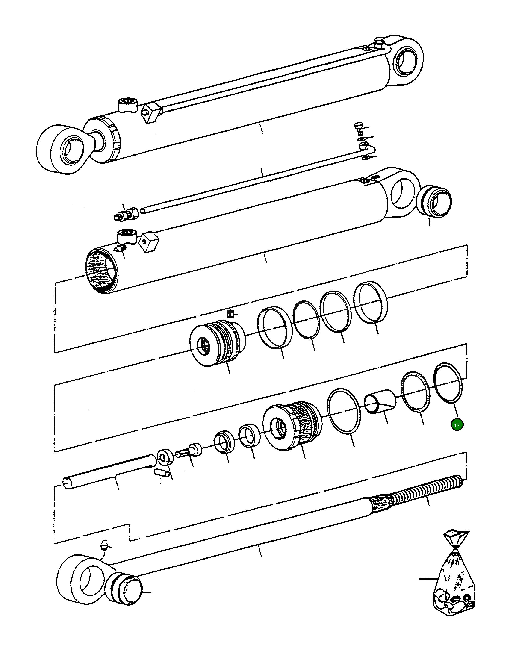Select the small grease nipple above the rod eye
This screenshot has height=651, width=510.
coord(104,544)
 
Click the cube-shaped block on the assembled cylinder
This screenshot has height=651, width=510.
coord(152,113)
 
